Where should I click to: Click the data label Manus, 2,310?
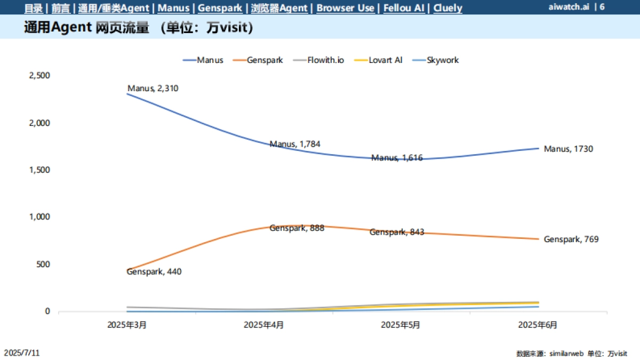[153, 89]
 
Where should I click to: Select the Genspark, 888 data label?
[297, 228]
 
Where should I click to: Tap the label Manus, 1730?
[568, 149]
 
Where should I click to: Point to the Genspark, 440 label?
[154, 272]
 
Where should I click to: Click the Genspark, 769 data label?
[571, 239]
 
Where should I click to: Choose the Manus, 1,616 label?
[397, 158]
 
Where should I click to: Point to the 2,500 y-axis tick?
[39, 76]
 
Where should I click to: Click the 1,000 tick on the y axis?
[39, 217]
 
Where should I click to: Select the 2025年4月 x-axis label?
[263, 324]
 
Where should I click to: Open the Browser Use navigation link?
[345, 8]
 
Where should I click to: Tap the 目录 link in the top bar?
[34, 8]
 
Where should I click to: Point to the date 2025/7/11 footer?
[21, 353]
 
